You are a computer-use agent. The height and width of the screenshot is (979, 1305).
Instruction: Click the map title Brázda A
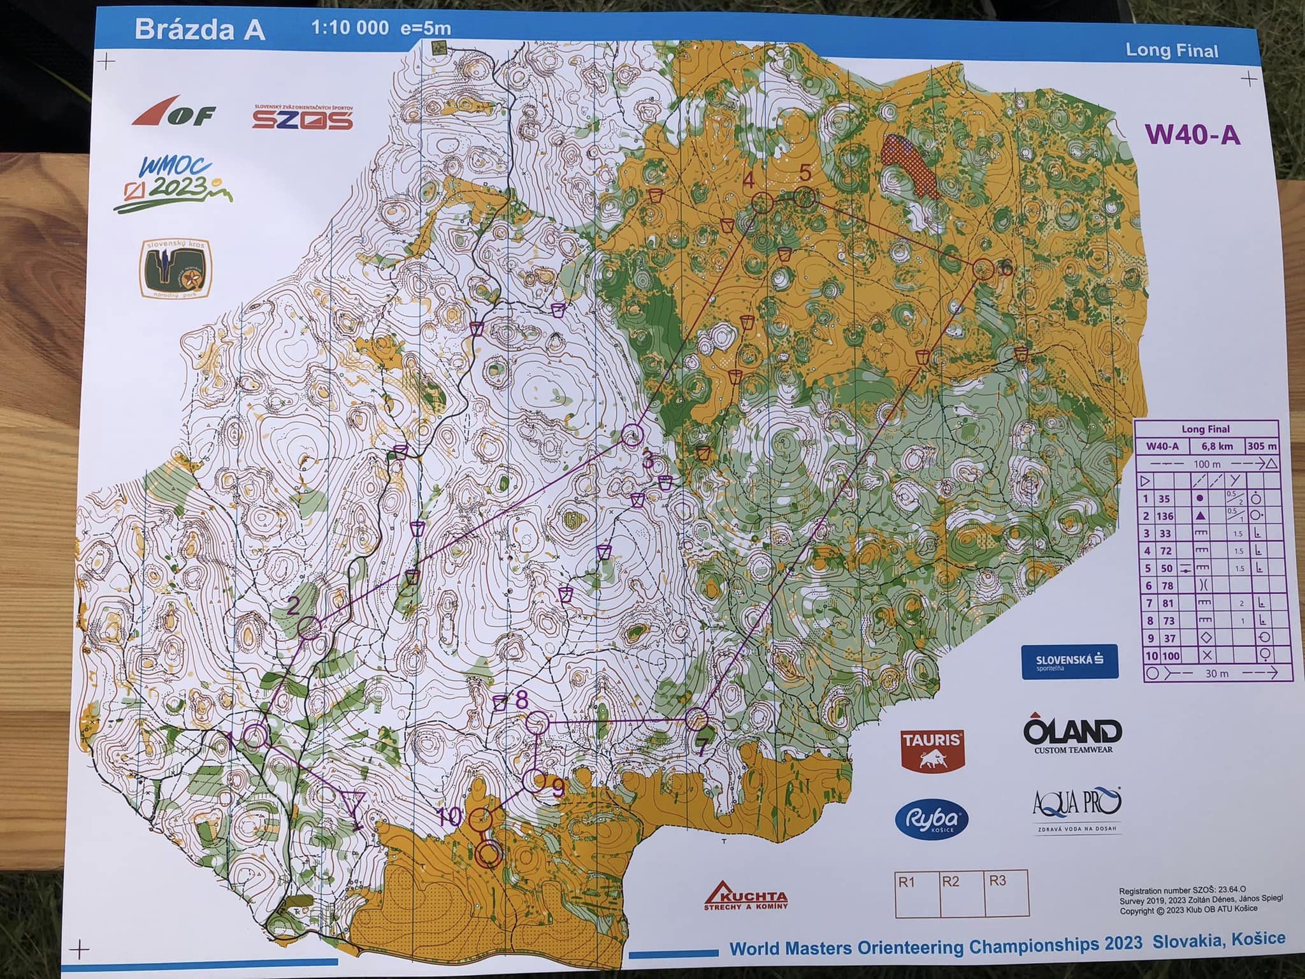click(x=199, y=30)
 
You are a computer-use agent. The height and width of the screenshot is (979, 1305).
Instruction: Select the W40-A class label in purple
click(x=1192, y=134)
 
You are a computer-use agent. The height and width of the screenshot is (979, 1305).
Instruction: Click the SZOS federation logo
click(x=302, y=118)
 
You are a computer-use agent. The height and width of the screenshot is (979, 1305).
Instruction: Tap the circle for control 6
click(x=983, y=269)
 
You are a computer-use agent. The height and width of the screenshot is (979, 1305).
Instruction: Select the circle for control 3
click(x=632, y=436)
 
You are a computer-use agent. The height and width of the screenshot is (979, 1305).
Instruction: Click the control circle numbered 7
click(x=696, y=720)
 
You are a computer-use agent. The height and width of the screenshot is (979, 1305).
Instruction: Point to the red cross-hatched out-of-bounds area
click(x=909, y=165)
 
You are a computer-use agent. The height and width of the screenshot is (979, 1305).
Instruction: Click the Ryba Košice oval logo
click(x=932, y=820)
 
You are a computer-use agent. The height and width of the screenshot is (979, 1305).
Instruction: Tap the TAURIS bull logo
click(x=931, y=750)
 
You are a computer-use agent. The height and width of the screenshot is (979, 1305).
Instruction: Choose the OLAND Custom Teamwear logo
click(x=1073, y=735)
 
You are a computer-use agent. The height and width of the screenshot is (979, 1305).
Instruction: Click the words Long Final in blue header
click(x=1171, y=50)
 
